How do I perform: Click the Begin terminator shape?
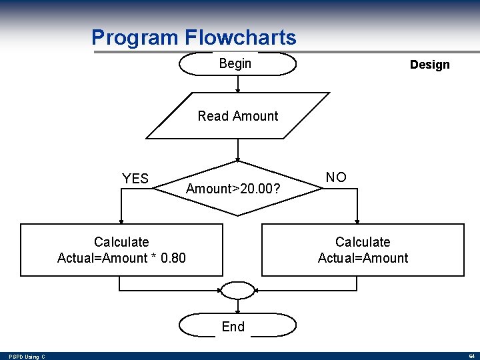pos(237,64)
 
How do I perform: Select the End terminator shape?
pos(237,326)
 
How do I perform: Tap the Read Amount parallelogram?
pos(238,116)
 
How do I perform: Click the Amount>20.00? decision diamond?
pos(238,189)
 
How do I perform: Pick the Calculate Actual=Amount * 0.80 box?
pos(121,250)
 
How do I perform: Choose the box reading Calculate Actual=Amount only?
pos(363,250)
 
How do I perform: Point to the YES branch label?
pos(135,179)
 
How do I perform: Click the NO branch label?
pos(336,177)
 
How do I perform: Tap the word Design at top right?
pos(429,65)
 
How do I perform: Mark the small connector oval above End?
pos(237,291)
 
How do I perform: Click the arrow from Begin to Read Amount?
pos(238,83)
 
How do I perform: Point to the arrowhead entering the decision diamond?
pos(238,160)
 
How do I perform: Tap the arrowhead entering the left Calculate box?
pos(121,221)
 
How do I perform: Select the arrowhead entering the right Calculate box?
pos(358,221)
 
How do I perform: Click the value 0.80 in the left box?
pos(173,258)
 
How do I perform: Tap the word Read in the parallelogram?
pos(213,116)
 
